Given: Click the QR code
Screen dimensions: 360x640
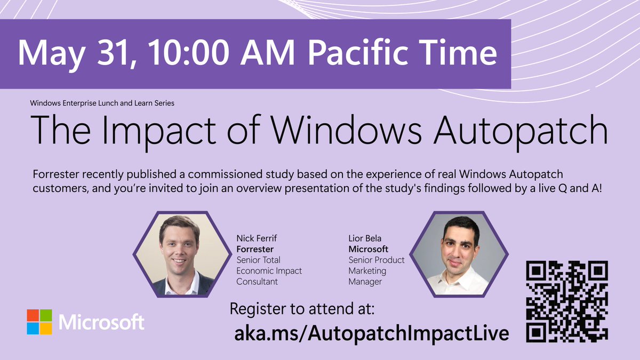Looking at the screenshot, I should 567,301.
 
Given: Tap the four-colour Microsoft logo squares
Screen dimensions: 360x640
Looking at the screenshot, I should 39,322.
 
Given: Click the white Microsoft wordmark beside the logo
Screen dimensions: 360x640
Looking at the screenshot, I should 101,322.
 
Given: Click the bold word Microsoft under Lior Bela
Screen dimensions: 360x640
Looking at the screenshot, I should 369,249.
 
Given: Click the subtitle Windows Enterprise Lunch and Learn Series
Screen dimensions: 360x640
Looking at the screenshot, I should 102,103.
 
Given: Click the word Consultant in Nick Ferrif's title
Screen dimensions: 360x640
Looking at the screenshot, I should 257,282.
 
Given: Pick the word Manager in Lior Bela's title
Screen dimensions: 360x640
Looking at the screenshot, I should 365,282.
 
